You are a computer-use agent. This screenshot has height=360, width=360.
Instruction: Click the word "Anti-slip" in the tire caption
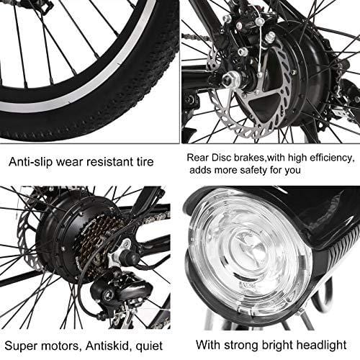(x=30, y=162)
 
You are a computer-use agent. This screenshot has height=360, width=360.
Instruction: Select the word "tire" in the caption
(x=145, y=162)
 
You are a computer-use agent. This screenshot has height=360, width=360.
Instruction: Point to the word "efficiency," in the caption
(x=333, y=158)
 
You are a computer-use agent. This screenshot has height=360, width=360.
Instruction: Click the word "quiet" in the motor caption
(x=149, y=346)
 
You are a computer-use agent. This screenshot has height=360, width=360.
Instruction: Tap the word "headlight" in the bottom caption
(x=322, y=345)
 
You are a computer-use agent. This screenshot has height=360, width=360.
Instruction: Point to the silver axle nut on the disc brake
(x=229, y=79)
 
